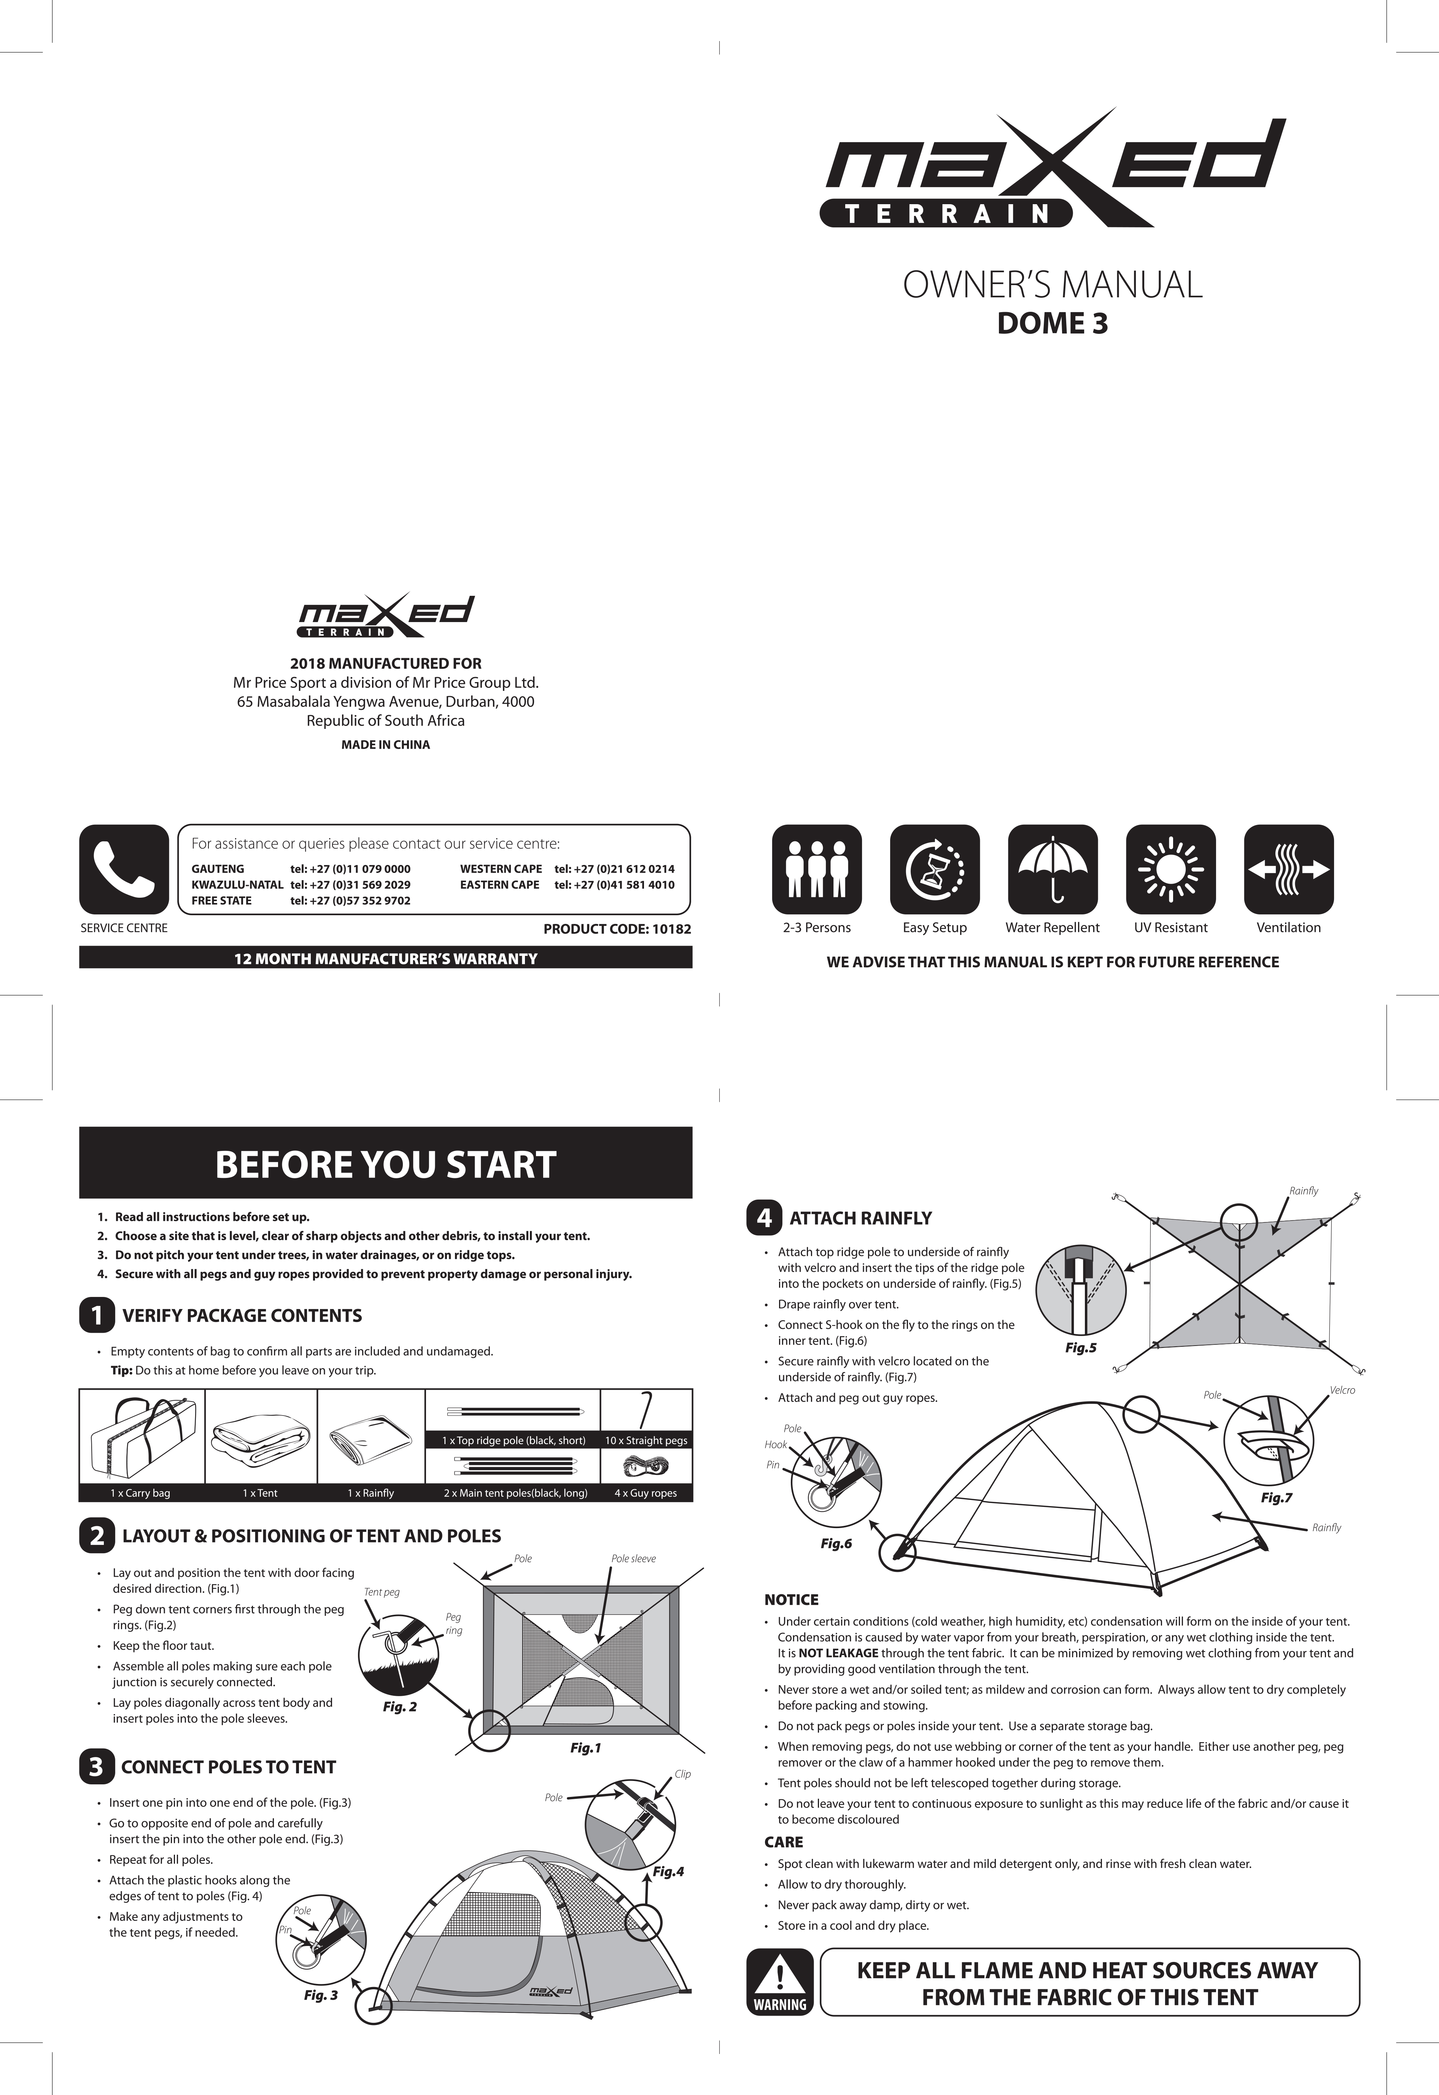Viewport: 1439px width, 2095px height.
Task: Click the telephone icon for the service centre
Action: [124, 869]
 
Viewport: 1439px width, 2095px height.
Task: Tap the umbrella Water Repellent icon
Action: [1052, 869]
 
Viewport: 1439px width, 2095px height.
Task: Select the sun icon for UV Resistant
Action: [1170, 869]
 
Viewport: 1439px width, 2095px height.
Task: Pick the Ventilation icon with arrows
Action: [1288, 869]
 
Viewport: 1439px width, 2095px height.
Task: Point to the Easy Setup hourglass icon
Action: [934, 869]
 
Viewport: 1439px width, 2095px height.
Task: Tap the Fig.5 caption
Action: [1080, 1349]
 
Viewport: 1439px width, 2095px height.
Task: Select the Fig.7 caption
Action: [1276, 1498]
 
